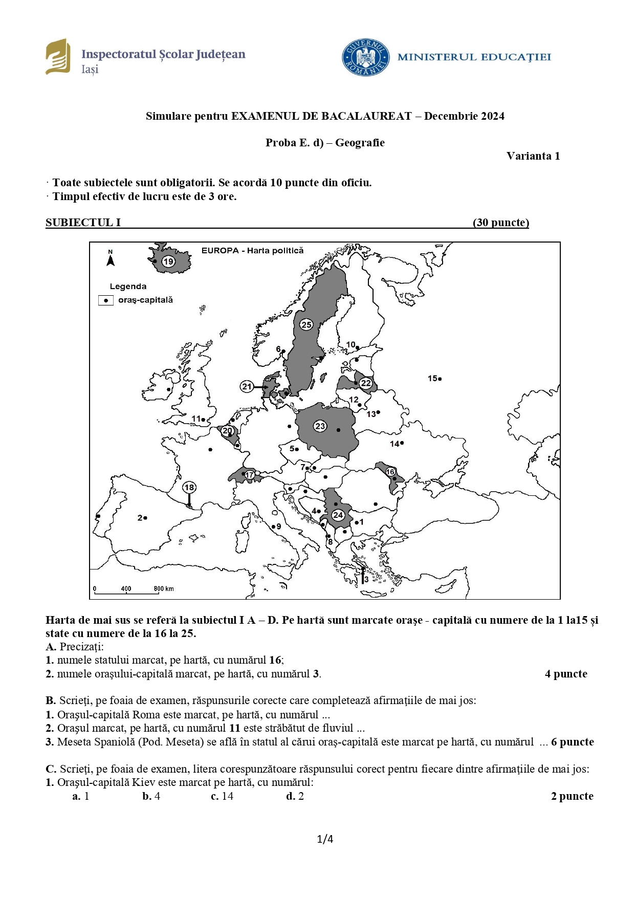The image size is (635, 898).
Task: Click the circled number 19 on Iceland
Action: [x=168, y=262]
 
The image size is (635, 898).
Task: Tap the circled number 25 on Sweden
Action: [x=306, y=324]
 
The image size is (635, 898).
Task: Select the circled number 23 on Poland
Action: [x=320, y=426]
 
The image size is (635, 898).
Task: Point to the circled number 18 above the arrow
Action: [x=189, y=487]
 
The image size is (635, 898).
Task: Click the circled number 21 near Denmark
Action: [x=247, y=386]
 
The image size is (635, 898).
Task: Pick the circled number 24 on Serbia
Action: [x=338, y=515]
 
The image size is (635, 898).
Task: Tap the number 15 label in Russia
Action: [x=432, y=378]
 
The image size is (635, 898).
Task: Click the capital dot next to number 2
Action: [x=146, y=518]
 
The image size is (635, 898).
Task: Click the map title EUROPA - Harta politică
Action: [x=252, y=251]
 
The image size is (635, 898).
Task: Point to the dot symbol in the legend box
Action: [x=106, y=300]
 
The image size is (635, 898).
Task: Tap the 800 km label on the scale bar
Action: [x=164, y=588]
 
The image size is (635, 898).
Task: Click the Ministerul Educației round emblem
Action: [x=365, y=57]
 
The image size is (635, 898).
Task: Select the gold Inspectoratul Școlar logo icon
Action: [x=58, y=56]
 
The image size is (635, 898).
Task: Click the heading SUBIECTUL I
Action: [x=83, y=223]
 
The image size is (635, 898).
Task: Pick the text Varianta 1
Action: [x=533, y=156]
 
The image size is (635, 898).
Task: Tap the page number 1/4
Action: [x=325, y=839]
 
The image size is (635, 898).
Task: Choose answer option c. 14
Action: [x=222, y=796]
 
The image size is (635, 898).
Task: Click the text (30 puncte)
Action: [x=501, y=223]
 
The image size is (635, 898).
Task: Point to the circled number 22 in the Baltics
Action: [x=365, y=383]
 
